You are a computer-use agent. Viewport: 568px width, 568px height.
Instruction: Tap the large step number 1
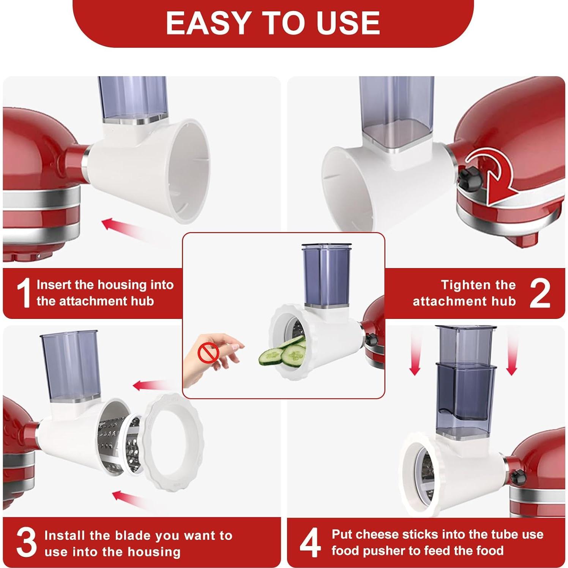point(24,293)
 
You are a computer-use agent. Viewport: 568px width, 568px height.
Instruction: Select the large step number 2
point(540,293)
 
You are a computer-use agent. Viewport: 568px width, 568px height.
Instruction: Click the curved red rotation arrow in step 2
point(494,178)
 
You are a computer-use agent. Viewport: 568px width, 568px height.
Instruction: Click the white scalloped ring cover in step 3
point(173,442)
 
